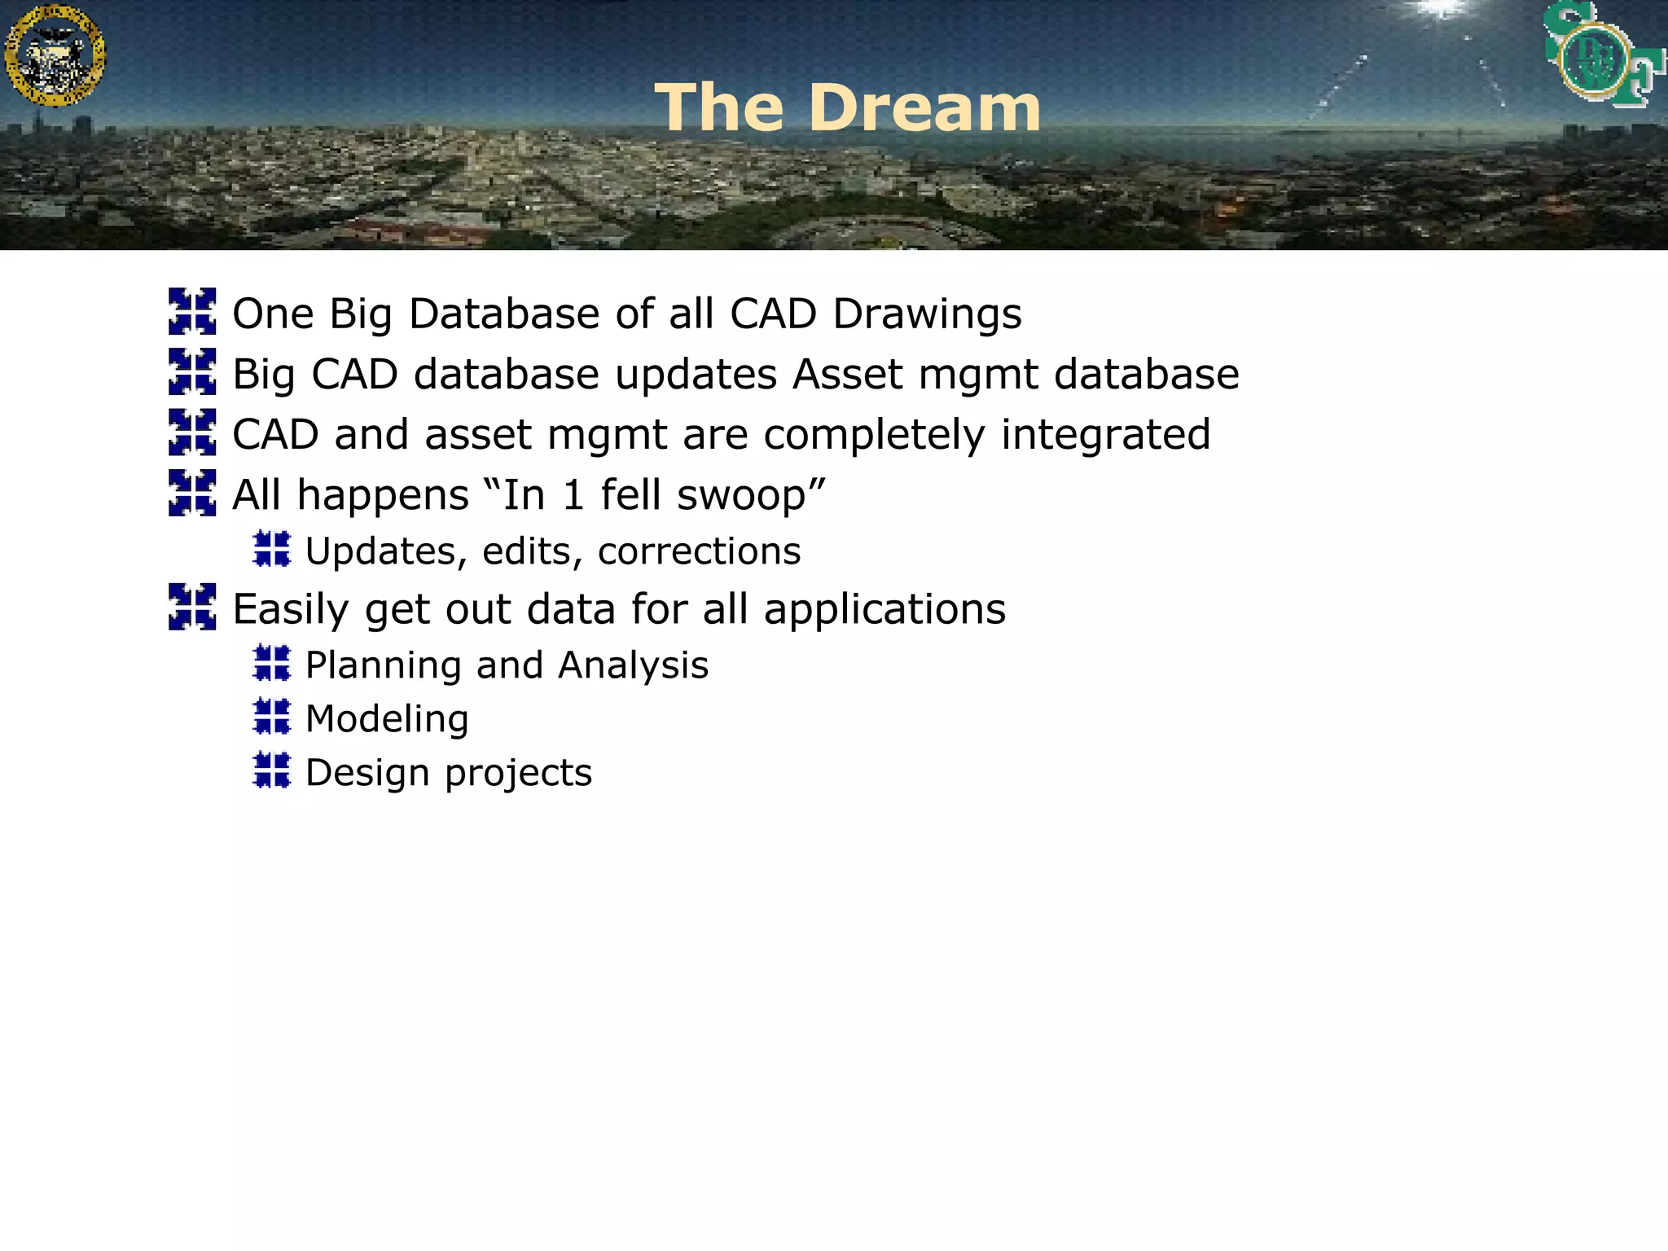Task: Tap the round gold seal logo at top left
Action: click(55, 55)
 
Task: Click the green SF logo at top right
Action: click(1602, 55)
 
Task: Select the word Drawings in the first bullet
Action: click(927, 314)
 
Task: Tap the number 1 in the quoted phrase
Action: click(573, 495)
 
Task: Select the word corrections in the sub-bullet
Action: click(699, 551)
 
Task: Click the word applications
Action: click(884, 609)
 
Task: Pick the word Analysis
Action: click(633, 665)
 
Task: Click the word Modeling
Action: click(387, 719)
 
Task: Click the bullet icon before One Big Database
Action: click(192, 311)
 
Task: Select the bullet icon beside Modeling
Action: click(271, 716)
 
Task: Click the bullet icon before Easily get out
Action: click(192, 607)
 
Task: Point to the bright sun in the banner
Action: click(1442, 8)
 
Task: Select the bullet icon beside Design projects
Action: click(271, 770)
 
